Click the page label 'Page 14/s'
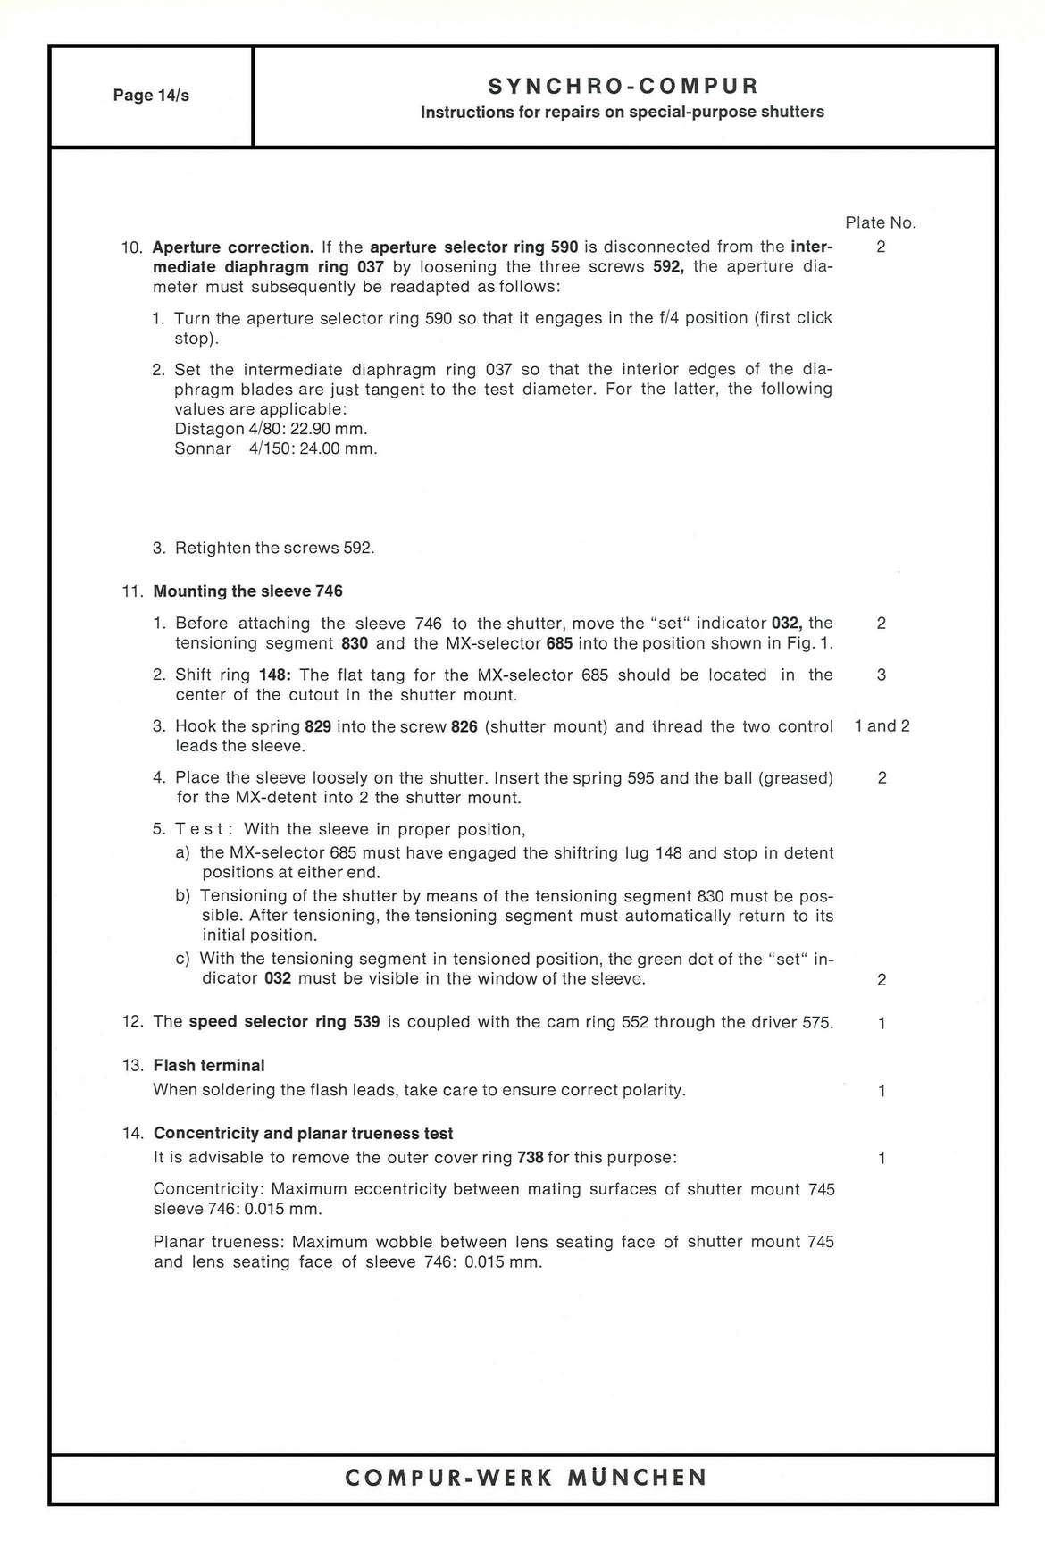[151, 96]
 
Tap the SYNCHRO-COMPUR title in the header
[623, 86]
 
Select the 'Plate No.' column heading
[881, 222]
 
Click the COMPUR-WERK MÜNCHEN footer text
[525, 1477]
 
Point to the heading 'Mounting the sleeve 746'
[248, 591]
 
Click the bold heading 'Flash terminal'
[209, 1066]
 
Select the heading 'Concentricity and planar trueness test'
[304, 1134]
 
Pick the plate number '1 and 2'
[882, 726]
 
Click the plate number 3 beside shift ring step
[882, 675]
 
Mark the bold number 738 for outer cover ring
[531, 1158]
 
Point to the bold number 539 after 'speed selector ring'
[366, 1022]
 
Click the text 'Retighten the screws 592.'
[274, 548]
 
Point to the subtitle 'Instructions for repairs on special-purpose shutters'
[623, 113]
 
